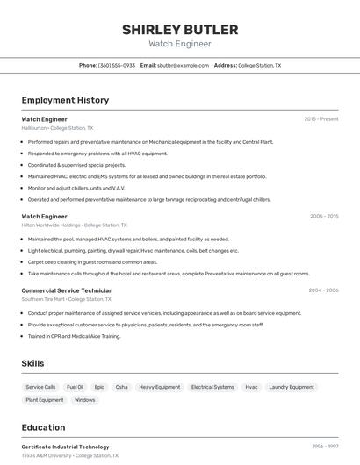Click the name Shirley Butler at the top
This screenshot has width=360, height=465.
[x=180, y=29]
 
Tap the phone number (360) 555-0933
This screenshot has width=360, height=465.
[x=117, y=65]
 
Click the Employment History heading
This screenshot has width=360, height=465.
[x=65, y=100]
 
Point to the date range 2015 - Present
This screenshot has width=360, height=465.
[x=321, y=119]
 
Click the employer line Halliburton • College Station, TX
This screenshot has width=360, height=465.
[x=57, y=128]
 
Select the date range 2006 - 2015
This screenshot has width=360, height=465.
[x=324, y=216]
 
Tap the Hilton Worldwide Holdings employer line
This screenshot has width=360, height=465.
[x=74, y=225]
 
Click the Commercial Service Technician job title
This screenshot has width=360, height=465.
[x=67, y=290]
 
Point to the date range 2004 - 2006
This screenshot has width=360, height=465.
[x=323, y=290]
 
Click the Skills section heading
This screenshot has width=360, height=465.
[x=32, y=363]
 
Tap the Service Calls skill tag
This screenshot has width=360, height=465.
[x=40, y=387]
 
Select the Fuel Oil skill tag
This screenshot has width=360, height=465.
[x=75, y=387]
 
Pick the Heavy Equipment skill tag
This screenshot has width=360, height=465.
[x=160, y=387]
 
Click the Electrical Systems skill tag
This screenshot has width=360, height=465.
[x=212, y=387]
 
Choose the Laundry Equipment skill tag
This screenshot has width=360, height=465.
[x=291, y=387]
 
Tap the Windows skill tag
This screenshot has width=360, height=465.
[x=85, y=400]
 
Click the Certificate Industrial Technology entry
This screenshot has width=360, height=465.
[x=65, y=447]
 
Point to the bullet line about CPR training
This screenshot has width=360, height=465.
[x=74, y=336]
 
